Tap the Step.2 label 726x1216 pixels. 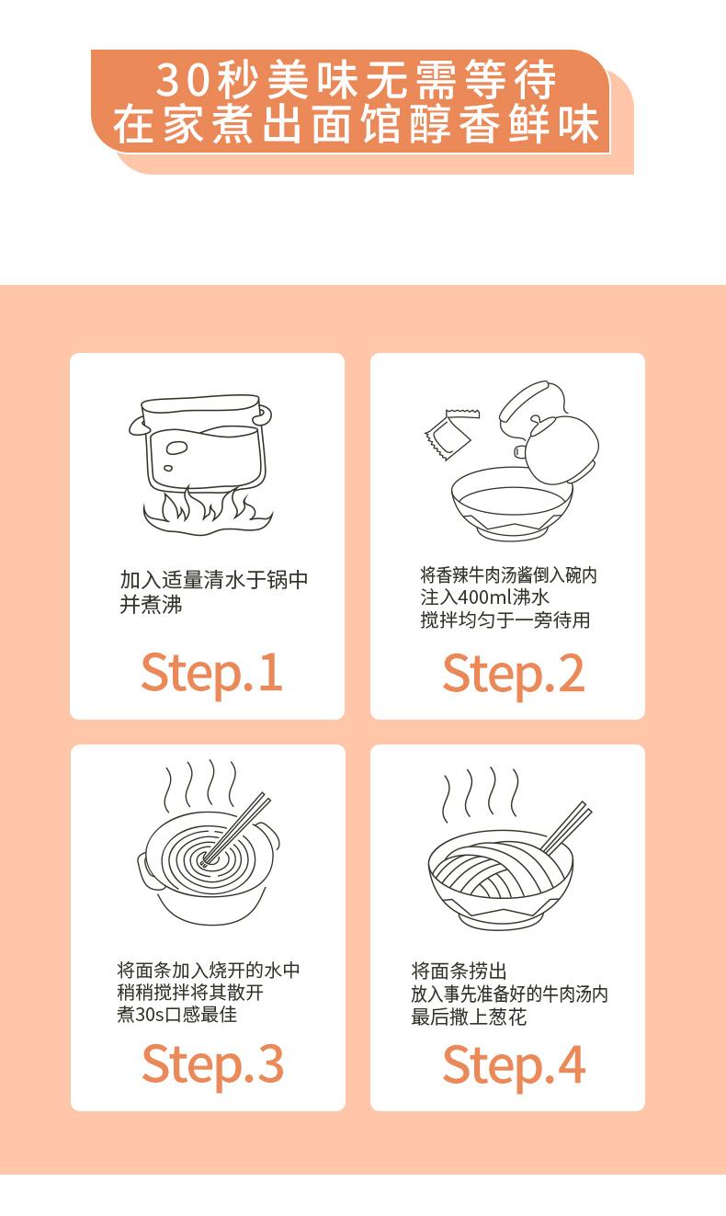[514, 675]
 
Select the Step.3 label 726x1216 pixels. [212, 1065]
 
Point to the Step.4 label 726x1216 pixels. [514, 1065]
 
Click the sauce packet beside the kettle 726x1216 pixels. [451, 435]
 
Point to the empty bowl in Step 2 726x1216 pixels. [510, 505]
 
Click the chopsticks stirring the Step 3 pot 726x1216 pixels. [236, 828]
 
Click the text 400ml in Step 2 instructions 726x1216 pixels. [484, 597]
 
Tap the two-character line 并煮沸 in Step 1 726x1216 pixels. [151, 605]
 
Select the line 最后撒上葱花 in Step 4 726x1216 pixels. [469, 1017]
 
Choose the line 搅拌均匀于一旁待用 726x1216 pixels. [505, 619]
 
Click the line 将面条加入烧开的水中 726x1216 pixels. [209, 970]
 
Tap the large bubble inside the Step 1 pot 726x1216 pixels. [176, 448]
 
